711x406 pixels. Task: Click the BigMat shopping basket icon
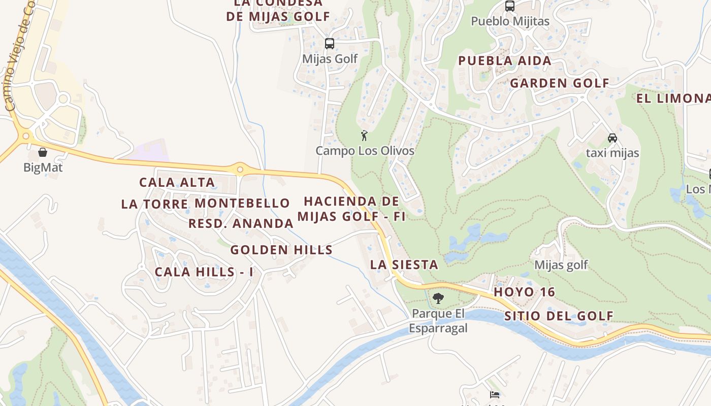(43, 152)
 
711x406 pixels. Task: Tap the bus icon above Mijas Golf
(330, 44)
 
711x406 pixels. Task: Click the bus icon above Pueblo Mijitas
(509, 7)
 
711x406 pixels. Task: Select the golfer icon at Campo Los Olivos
(364, 136)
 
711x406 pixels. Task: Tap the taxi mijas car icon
(612, 138)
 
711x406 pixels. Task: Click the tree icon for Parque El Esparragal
(438, 298)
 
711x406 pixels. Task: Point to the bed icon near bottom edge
(495, 395)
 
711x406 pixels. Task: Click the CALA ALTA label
(177, 182)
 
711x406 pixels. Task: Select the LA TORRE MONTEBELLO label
(205, 204)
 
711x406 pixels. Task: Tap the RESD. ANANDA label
(241, 223)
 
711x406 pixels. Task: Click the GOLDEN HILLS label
(281, 250)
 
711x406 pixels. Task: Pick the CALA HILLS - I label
(204, 272)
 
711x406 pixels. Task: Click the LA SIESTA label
(404, 264)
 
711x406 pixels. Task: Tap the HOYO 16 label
(524, 292)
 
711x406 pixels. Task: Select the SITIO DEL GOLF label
(559, 316)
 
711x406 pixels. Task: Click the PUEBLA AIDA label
(504, 61)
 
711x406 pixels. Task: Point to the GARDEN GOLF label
(559, 83)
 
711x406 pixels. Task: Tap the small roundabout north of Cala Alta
(240, 168)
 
